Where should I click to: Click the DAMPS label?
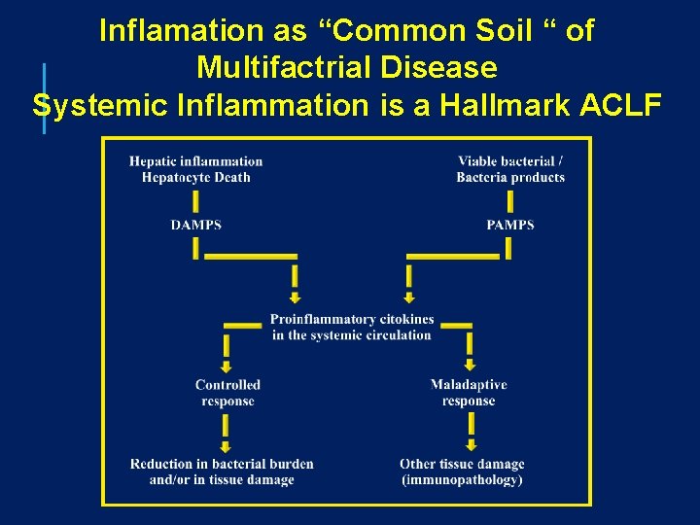(195, 225)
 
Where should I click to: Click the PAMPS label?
(510, 225)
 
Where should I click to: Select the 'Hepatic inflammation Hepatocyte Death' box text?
(195, 169)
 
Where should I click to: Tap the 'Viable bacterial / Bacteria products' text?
(510, 169)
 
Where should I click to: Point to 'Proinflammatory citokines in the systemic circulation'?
(352, 328)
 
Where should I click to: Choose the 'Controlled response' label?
(227, 393)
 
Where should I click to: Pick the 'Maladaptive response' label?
(469, 393)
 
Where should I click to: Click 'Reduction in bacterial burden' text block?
(222, 472)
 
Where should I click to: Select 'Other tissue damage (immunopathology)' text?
(462, 472)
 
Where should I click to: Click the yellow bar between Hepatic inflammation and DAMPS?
(195, 201)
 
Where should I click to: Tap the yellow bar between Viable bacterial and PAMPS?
(510, 201)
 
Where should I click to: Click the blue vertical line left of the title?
(44, 97)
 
